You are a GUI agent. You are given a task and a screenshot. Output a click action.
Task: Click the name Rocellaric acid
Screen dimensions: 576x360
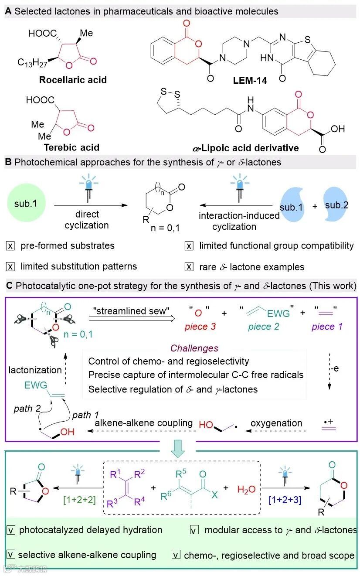coord(73,80)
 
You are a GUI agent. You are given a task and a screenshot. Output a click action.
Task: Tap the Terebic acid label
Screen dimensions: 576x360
coord(71,147)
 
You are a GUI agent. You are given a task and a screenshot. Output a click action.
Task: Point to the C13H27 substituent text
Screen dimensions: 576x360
coord(34,63)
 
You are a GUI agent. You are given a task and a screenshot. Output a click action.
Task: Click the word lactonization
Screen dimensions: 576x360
coord(35,370)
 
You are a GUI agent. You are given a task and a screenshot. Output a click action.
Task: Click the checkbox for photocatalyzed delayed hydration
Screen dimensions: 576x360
coord(10,530)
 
